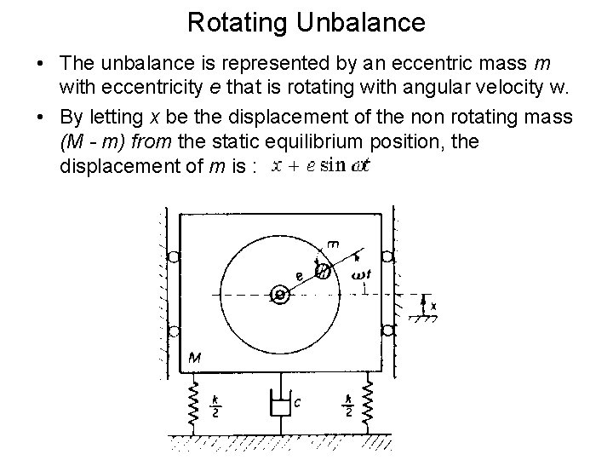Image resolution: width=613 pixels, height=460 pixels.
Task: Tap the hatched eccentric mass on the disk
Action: pyautogui.click(x=324, y=271)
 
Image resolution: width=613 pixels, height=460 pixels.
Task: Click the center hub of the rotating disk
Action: pyautogui.click(x=280, y=295)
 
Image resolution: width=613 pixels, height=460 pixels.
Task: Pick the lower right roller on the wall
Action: pyautogui.click(x=387, y=331)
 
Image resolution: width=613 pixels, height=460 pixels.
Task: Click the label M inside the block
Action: pyautogui.click(x=195, y=359)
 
